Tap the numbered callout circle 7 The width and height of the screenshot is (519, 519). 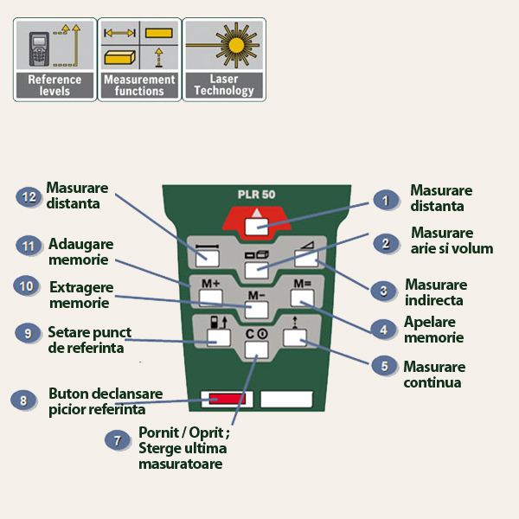118,440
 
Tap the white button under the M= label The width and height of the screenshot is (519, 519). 302,298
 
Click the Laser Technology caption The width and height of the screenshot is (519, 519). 224,85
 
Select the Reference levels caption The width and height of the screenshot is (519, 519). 54,85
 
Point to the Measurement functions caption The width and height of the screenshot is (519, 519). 139,85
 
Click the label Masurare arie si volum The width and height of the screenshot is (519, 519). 452,240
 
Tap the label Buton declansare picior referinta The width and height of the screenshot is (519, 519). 96,401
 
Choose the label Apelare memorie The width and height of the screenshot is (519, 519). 433,330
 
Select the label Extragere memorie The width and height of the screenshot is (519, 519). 81,295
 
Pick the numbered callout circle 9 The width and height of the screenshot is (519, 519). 29,332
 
